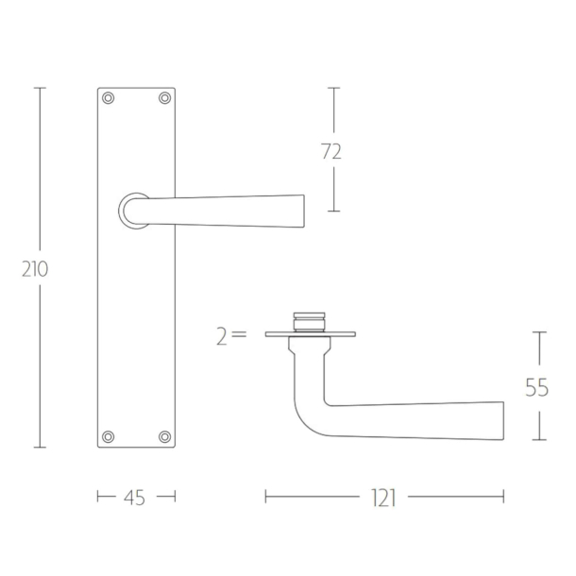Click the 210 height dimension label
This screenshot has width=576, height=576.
[35, 269]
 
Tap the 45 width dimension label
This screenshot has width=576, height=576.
[134, 498]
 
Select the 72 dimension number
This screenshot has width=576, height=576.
[331, 151]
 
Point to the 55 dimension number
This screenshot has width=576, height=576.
[536, 388]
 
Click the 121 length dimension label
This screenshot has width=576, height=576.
[384, 499]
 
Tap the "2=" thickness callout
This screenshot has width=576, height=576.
[231, 337]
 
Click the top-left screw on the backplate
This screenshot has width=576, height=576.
[108, 98]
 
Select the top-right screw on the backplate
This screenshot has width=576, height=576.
[164, 98]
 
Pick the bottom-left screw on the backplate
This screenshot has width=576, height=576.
[108, 436]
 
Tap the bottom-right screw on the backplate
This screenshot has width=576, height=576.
[164, 436]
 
